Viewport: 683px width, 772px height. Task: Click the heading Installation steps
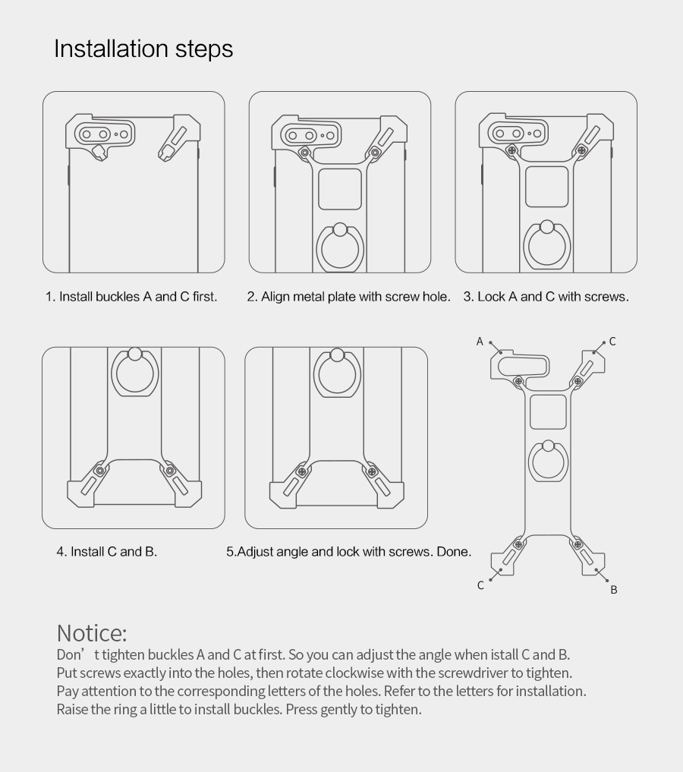tap(143, 49)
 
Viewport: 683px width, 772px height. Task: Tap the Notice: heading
tap(92, 633)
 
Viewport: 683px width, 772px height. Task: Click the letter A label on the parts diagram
tap(480, 341)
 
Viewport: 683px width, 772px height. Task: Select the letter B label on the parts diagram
tap(614, 589)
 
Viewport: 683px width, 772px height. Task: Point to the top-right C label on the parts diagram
tap(612, 341)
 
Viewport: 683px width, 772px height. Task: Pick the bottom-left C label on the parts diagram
tap(481, 585)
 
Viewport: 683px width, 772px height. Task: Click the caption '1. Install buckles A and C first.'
tap(131, 296)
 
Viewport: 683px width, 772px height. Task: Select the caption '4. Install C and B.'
tap(107, 551)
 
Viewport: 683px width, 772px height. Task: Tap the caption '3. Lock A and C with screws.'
tap(546, 296)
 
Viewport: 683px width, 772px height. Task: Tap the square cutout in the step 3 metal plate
tap(546, 187)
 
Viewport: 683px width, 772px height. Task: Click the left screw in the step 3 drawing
tap(511, 150)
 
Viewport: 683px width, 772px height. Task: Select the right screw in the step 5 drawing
tap(372, 471)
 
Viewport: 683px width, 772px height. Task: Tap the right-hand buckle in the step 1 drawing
tap(179, 138)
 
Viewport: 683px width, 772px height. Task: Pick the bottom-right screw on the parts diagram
tap(578, 544)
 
